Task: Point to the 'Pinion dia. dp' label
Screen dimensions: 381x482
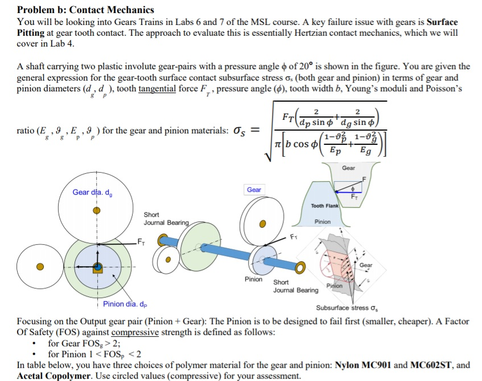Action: pyautogui.click(x=125, y=304)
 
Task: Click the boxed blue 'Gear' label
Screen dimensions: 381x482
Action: pyautogui.click(x=254, y=190)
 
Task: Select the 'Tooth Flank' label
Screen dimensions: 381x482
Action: pyautogui.click(x=325, y=206)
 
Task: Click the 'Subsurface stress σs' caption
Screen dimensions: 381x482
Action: pyautogui.click(x=347, y=308)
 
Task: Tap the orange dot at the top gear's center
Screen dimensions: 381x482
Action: pyautogui.click(x=97, y=210)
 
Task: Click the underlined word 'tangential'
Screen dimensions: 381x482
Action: pyautogui.click(x=161, y=89)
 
